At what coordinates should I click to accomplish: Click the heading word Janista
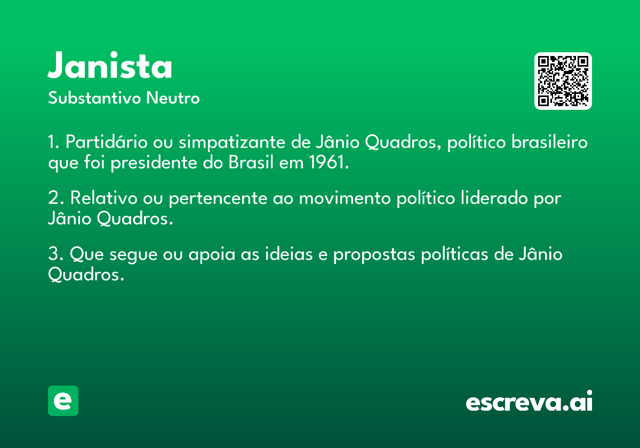[110, 65]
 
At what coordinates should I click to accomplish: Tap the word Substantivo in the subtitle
[94, 98]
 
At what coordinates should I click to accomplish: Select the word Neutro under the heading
[173, 98]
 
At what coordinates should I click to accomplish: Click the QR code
[563, 81]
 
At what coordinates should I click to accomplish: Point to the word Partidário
[106, 141]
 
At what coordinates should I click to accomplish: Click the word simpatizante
[232, 142]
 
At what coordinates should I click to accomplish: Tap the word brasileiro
[549, 141]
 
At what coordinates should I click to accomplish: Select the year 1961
[326, 162]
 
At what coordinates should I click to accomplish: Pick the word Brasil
[251, 162]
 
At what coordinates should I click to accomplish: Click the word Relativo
[103, 197]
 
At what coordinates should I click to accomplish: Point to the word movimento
[345, 198]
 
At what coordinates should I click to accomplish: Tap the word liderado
[494, 197]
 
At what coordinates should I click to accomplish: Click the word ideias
[289, 253]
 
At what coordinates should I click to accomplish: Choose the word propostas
[374, 254]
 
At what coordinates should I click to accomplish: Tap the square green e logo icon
[63, 401]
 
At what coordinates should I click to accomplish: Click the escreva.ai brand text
[529, 401]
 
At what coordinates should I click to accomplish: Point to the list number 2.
[53, 197]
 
